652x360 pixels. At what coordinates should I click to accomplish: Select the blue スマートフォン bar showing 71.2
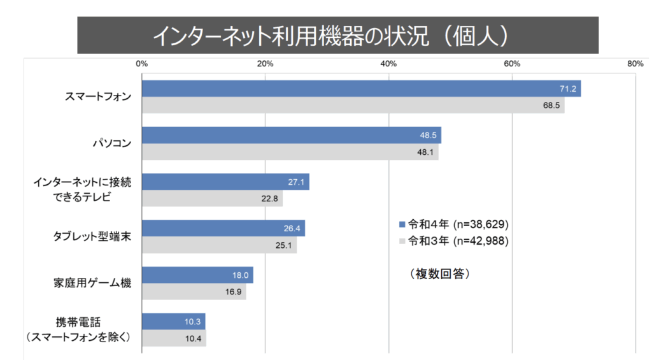click(361, 89)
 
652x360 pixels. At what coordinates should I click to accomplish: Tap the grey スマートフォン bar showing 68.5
click(353, 105)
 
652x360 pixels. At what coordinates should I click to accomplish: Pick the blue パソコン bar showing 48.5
click(291, 135)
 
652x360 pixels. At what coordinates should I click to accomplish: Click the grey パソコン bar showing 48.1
click(290, 152)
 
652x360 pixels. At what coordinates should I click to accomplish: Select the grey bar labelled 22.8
click(212, 199)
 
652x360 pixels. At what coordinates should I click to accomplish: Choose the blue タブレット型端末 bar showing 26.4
click(223, 228)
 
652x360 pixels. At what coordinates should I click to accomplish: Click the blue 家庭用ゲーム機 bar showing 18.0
click(197, 275)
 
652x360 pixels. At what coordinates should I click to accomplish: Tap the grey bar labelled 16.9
click(194, 292)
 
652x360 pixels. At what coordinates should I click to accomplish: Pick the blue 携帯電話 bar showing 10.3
click(173, 322)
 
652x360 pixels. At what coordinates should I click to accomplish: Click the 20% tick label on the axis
click(265, 64)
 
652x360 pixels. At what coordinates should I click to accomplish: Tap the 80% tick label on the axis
click(635, 64)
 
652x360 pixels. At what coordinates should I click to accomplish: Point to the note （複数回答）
click(439, 274)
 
